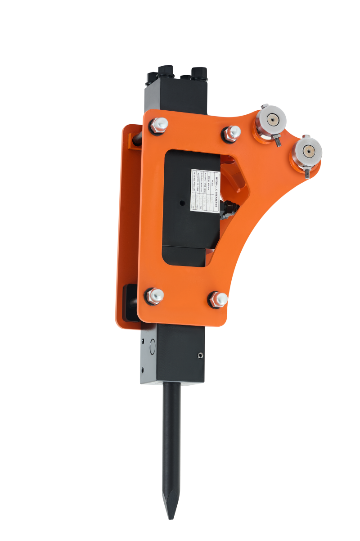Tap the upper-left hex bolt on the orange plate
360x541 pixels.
click(x=160, y=123)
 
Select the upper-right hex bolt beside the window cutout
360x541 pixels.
click(x=232, y=132)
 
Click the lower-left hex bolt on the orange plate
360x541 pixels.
click(x=154, y=296)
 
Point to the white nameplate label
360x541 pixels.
click(x=205, y=189)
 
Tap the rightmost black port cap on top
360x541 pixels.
click(x=198, y=73)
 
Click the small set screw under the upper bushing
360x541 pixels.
click(x=277, y=141)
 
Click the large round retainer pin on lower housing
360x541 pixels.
click(x=152, y=346)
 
